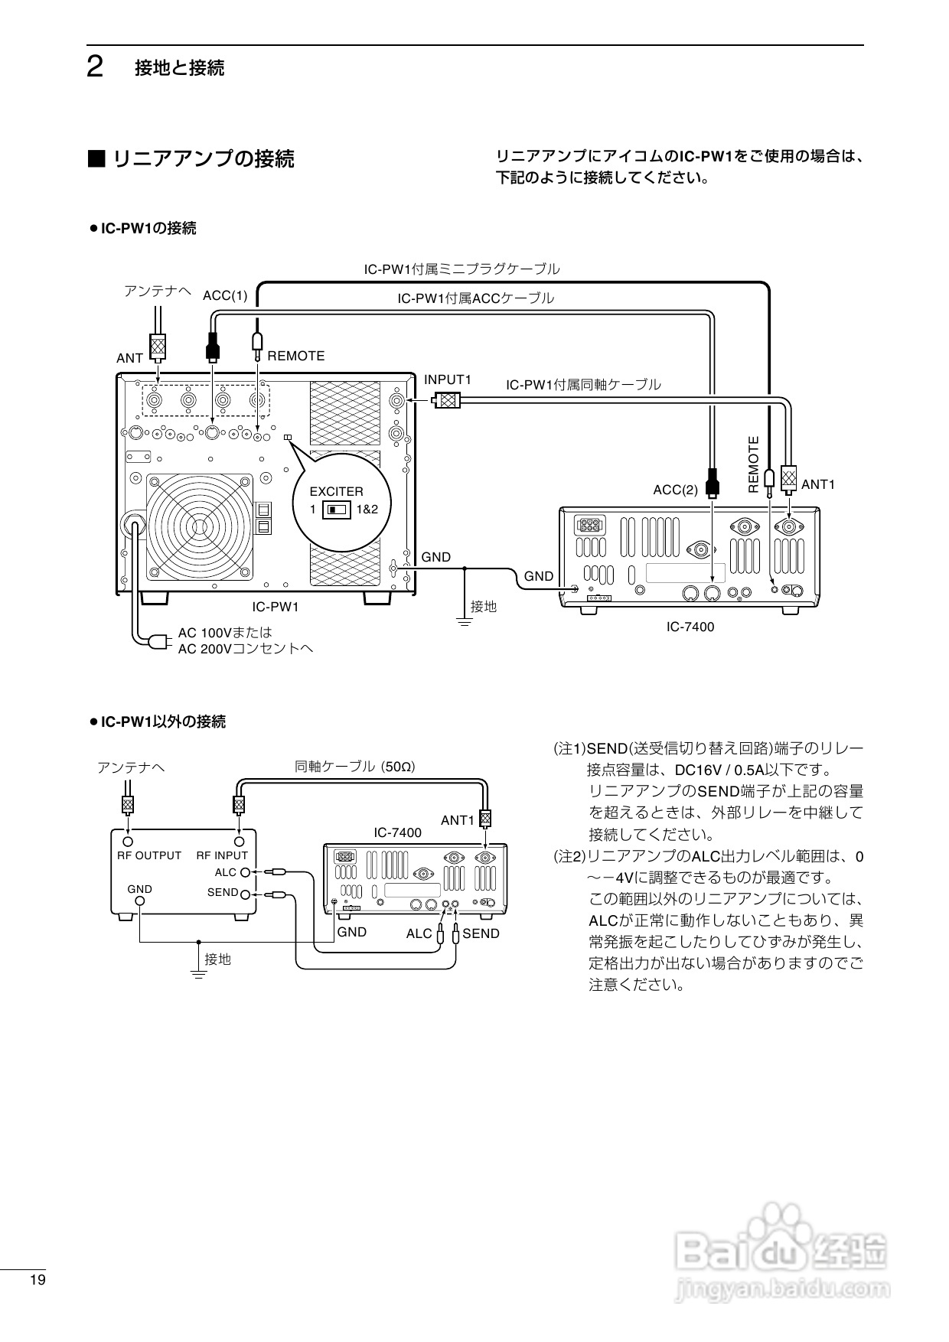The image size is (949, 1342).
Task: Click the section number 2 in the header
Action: tap(95, 68)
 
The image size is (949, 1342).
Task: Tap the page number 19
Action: tap(38, 1280)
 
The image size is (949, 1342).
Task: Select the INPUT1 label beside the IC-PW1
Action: tap(448, 380)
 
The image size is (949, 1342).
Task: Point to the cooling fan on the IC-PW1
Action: tap(200, 526)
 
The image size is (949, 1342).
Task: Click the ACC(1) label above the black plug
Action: tap(225, 295)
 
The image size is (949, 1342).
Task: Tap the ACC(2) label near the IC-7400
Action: tap(675, 490)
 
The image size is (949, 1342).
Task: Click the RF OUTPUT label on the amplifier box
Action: tap(149, 855)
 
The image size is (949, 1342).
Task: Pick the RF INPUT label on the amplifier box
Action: tap(222, 855)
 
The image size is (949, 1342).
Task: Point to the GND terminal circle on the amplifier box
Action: tap(140, 901)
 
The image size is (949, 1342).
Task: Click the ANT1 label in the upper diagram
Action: tap(817, 484)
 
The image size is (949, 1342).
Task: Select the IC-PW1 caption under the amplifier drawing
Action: tap(276, 607)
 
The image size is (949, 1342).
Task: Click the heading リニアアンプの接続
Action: tap(204, 159)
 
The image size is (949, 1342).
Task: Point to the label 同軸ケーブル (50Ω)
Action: tap(355, 766)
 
